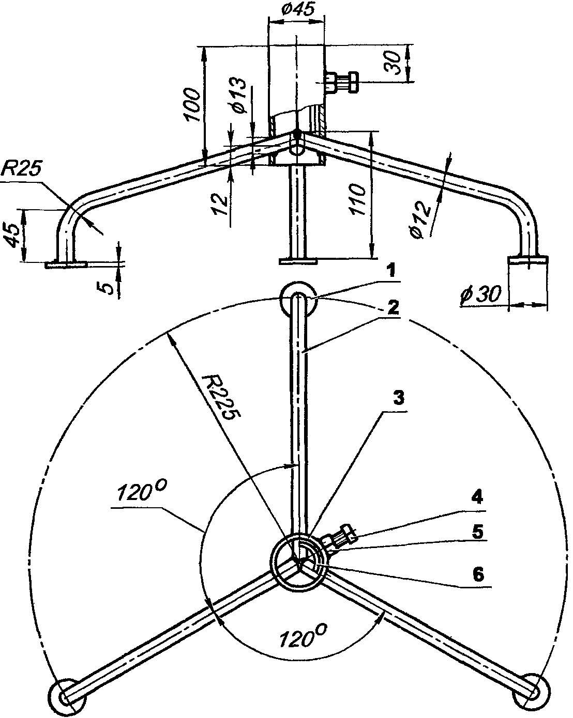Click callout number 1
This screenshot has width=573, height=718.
[391, 270]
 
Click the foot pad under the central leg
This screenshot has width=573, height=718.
[297, 261]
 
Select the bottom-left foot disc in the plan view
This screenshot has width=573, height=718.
[68, 696]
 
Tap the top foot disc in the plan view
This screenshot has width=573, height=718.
[297, 299]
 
